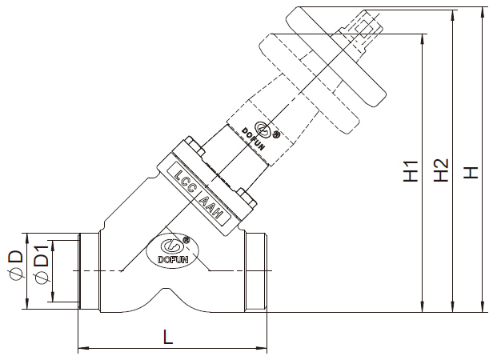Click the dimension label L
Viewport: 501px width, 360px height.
pyautogui.click(x=167, y=337)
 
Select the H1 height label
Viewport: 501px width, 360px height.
pyautogui.click(x=410, y=172)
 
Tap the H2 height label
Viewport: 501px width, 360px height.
pyautogui.click(x=439, y=172)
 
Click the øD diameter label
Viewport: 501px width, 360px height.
pyautogui.click(x=14, y=269)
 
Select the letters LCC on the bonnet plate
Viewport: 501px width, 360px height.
pyautogui.click(x=186, y=178)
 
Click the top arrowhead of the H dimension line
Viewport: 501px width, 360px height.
pyautogui.click(x=482, y=12)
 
